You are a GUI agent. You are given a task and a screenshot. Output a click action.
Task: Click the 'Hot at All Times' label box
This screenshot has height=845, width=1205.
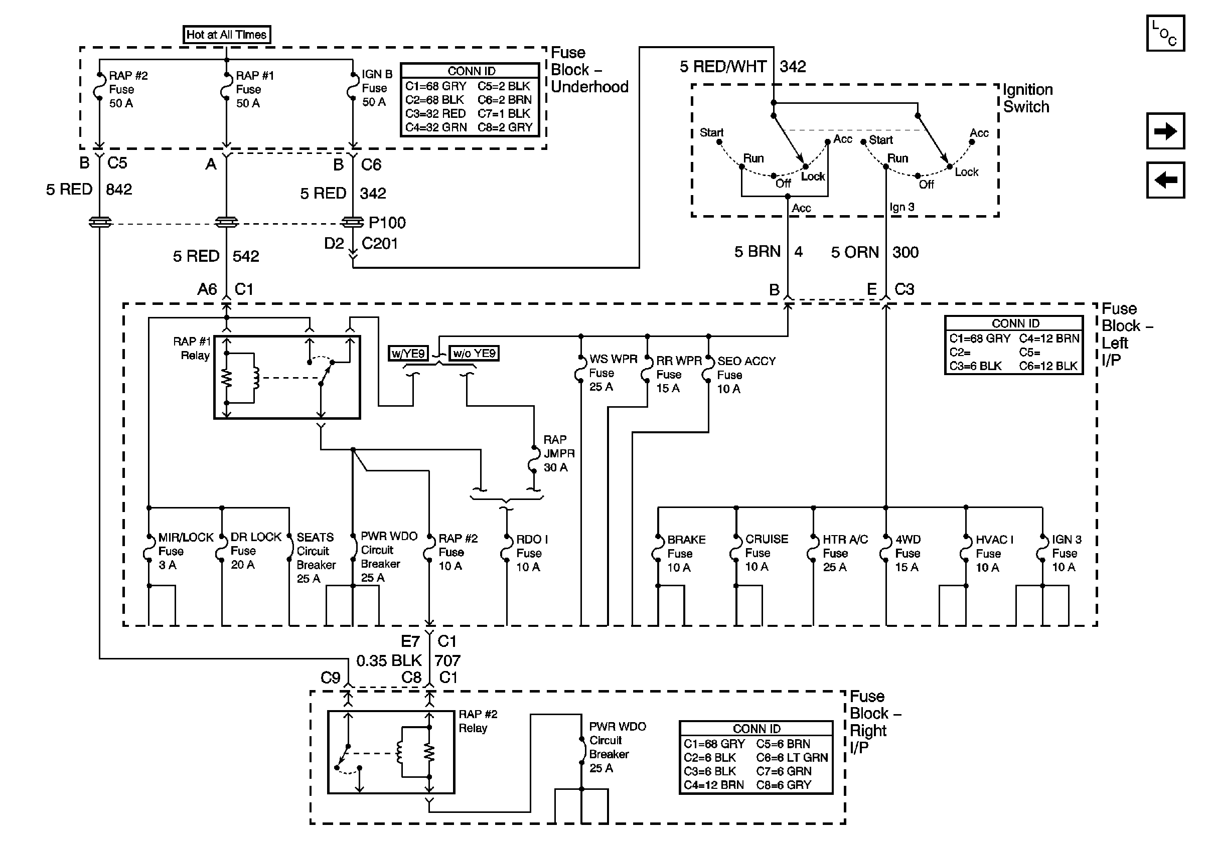[x=227, y=35]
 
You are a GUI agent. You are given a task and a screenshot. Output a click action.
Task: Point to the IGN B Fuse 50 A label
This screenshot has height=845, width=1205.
[x=377, y=88]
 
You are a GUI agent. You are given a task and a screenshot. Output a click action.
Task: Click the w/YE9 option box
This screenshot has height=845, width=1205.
[x=408, y=353]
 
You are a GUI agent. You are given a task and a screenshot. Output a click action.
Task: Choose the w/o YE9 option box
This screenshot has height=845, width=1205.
[x=474, y=353]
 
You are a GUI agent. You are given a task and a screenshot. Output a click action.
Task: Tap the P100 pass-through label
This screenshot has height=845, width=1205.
[x=387, y=223]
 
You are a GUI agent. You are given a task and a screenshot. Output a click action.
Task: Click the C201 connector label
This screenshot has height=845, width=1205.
[x=379, y=243]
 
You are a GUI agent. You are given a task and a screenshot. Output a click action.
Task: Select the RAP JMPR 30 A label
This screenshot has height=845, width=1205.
[x=559, y=453]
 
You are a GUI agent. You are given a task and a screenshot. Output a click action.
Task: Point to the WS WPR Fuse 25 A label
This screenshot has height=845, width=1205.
[x=613, y=373]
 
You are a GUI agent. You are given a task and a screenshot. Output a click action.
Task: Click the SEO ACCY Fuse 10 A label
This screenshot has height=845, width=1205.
[x=746, y=375]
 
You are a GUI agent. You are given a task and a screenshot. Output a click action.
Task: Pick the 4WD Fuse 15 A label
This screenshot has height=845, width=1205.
[x=908, y=553]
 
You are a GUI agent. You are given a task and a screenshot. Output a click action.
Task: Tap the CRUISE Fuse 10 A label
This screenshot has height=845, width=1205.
[x=766, y=553]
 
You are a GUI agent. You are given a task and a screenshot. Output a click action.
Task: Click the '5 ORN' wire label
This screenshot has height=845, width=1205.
[x=854, y=252]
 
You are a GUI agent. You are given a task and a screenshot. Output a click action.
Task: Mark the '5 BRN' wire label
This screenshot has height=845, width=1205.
[x=758, y=252]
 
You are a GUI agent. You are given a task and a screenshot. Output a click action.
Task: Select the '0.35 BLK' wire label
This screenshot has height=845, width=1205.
[x=389, y=660]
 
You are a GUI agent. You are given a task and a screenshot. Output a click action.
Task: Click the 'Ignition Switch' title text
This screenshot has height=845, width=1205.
[x=1027, y=98]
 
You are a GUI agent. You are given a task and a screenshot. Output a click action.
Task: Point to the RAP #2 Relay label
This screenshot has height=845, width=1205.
[x=478, y=721]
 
